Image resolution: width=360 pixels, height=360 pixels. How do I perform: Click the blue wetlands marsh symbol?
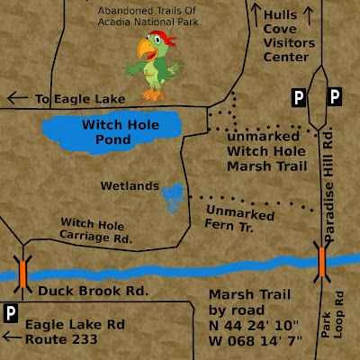tap(172, 196)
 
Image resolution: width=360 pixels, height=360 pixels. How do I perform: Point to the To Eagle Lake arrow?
tap(16, 98)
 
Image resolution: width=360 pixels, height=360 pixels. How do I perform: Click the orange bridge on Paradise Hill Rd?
tap(321, 260)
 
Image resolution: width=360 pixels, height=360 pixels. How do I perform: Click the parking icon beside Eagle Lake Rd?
tap(12, 312)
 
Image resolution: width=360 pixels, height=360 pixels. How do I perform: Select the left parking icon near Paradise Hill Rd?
tap(298, 95)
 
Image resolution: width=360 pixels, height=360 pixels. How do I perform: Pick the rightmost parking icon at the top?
tap(334, 95)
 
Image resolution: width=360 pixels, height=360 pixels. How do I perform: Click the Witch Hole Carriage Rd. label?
tap(96, 230)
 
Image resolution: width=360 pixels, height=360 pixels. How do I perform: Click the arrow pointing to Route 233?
tap(12, 339)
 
